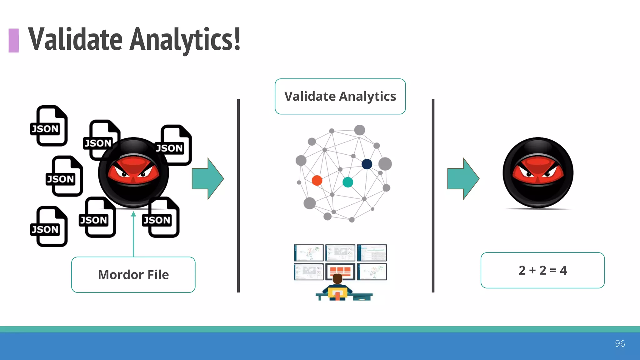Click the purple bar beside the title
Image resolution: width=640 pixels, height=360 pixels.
(x=14, y=40)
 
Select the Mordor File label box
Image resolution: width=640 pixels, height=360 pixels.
(x=133, y=275)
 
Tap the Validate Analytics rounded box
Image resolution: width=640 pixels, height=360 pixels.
(x=340, y=96)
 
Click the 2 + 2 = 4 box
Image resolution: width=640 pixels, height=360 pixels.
(x=542, y=270)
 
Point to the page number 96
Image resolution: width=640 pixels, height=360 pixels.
(x=620, y=343)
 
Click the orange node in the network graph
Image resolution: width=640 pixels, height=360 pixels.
(x=317, y=180)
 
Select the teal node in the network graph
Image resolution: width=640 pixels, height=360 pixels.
(x=348, y=182)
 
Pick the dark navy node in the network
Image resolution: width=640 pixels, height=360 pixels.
(x=367, y=164)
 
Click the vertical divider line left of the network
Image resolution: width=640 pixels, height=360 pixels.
(x=238, y=196)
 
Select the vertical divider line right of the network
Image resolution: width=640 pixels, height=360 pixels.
(x=433, y=196)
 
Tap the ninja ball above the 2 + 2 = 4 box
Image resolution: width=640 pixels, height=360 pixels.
(x=538, y=172)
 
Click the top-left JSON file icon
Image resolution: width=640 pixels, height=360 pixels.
(x=49, y=126)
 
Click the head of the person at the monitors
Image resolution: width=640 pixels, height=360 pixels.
(x=337, y=278)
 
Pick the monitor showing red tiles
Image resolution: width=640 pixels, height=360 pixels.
(x=340, y=271)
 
